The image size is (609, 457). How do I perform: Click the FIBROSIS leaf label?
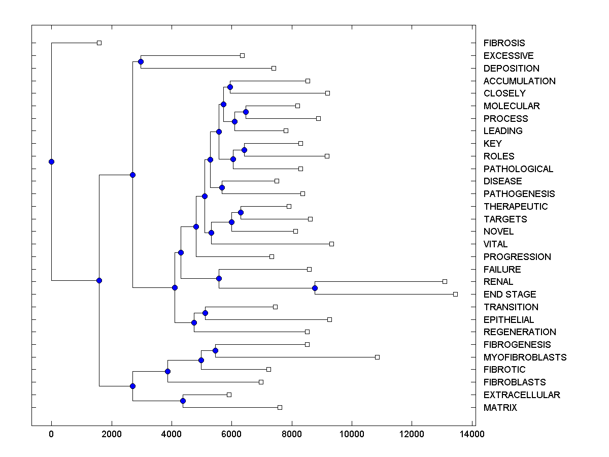(504, 43)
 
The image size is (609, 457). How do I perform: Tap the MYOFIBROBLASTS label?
(525, 357)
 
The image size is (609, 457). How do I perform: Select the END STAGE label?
(510, 295)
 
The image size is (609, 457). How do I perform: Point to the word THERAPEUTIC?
(516, 207)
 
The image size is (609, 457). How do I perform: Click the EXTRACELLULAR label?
(522, 395)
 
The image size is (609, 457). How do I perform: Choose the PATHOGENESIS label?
(519, 194)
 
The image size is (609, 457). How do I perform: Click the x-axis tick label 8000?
(292, 434)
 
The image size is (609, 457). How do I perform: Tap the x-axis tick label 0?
(51, 434)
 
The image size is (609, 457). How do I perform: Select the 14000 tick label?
(472, 434)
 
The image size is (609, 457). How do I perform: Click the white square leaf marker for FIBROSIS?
(99, 43)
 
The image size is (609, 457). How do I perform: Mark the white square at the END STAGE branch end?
(455, 294)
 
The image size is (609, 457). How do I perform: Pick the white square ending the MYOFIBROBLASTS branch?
(377, 357)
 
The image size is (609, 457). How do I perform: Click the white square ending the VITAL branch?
(331, 244)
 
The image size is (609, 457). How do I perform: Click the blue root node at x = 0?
(51, 161)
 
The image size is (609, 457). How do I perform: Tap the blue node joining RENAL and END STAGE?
(315, 288)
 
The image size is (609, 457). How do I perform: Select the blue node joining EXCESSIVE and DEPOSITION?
(141, 61)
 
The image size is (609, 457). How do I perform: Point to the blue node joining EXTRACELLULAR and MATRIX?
(183, 401)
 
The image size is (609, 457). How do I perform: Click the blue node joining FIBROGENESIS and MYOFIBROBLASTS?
(215, 350)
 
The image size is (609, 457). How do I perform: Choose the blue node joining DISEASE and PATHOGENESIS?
(222, 187)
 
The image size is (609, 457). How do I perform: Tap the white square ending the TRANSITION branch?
(275, 307)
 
